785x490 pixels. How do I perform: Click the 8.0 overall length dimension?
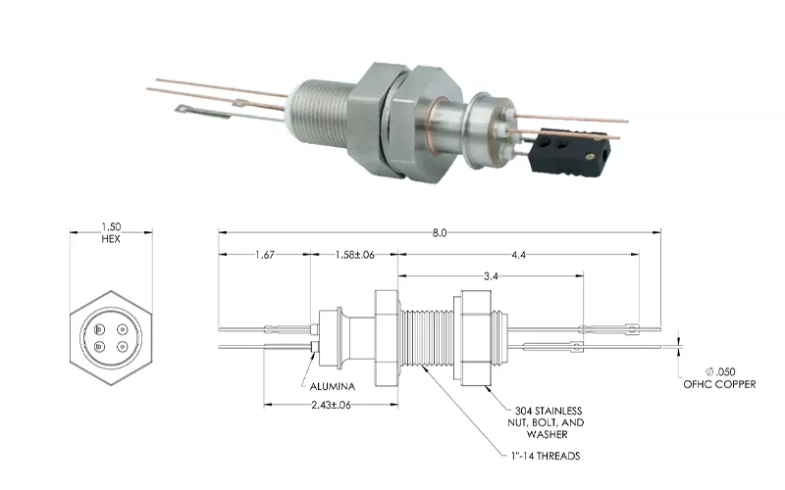coord(439,233)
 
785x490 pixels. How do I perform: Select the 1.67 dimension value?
coord(264,255)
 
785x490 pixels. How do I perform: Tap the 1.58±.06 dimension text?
coord(354,255)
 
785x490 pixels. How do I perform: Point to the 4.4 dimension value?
coord(519,255)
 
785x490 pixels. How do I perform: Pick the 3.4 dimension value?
coord(491,276)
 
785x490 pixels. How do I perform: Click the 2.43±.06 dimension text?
coord(331,405)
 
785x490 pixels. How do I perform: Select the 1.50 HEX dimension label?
coord(111,233)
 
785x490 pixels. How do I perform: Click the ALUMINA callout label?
coord(333,386)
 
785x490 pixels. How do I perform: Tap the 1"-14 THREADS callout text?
coord(546,456)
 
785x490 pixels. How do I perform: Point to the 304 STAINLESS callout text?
coord(549,411)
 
